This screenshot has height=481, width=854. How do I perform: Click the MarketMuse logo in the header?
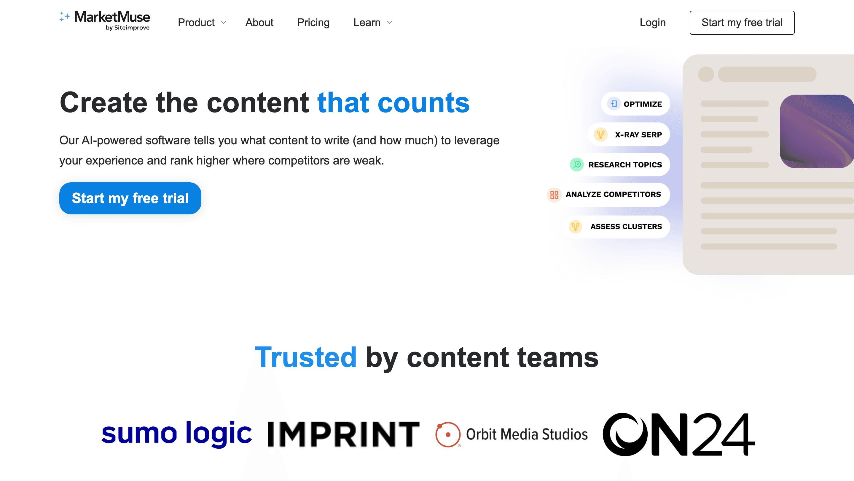pos(105,20)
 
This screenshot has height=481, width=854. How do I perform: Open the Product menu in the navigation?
pos(202,23)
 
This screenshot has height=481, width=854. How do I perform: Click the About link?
pos(259,23)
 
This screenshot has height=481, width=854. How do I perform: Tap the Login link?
pos(652,23)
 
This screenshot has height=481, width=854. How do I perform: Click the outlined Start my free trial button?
pos(742,23)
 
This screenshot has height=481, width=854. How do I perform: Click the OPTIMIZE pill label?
pos(643,104)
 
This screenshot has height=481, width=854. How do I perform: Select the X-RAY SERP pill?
pos(638,135)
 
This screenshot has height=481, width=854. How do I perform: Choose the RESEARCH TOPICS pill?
pos(625,165)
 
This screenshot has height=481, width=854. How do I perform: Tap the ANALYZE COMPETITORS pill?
pos(613,194)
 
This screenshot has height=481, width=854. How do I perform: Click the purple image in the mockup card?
pos(816,132)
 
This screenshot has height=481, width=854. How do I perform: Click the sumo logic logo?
pos(176,433)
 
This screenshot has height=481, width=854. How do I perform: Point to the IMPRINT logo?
pos(343,434)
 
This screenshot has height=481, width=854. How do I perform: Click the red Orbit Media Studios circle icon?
pos(448,434)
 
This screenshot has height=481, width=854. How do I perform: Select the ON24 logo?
pos(678,434)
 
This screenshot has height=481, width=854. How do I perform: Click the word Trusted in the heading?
pos(306,357)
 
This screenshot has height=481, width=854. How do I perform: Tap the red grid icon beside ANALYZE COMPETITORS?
pos(554,195)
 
